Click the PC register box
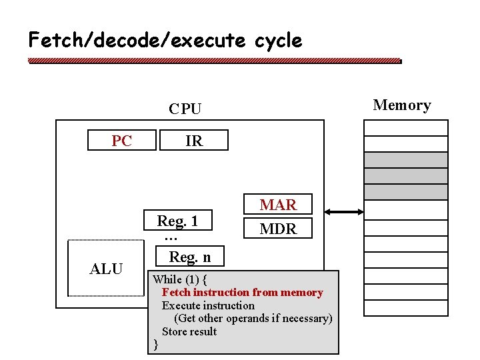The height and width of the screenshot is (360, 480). [122, 141]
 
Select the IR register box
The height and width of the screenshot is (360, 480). [194, 141]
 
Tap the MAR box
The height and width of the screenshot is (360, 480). [278, 205]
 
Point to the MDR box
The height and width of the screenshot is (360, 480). [278, 229]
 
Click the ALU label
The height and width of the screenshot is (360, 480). [107, 269]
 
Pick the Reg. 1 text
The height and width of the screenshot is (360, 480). [177, 221]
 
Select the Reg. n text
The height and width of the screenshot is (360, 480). [189, 257]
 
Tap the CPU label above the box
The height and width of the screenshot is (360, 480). [185, 109]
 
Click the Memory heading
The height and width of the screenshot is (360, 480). [401, 105]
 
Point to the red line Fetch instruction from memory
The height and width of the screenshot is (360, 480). [242, 293]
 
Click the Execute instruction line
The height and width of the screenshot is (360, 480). [208, 305]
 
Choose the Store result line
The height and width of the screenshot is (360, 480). [189, 331]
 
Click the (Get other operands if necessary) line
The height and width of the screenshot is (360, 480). [253, 319]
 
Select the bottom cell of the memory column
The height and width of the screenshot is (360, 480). [405, 307]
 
